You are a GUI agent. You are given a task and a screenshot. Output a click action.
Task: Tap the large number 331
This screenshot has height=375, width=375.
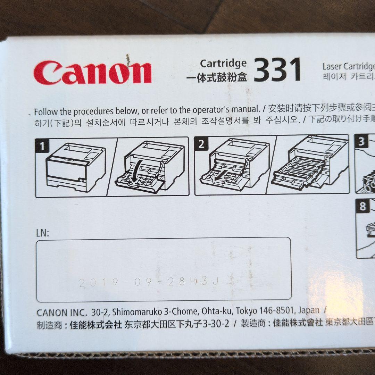pyautogui.click(x=277, y=70)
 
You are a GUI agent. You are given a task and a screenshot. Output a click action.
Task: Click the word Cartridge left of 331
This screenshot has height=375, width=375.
pyautogui.click(x=223, y=63)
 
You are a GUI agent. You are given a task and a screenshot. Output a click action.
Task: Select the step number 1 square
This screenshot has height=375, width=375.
pyautogui.click(x=42, y=146)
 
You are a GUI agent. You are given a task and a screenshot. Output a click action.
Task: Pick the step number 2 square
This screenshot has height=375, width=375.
pyautogui.click(x=201, y=144)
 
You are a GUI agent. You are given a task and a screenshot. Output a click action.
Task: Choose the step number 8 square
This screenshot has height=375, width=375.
pyautogui.click(x=363, y=207)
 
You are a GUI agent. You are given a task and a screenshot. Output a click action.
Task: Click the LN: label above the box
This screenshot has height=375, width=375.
pyautogui.click(x=43, y=233)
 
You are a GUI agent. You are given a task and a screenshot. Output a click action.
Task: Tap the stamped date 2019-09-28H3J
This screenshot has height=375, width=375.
pyautogui.click(x=149, y=282)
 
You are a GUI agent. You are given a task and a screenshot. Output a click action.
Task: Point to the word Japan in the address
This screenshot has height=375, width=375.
pyautogui.click(x=308, y=310)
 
